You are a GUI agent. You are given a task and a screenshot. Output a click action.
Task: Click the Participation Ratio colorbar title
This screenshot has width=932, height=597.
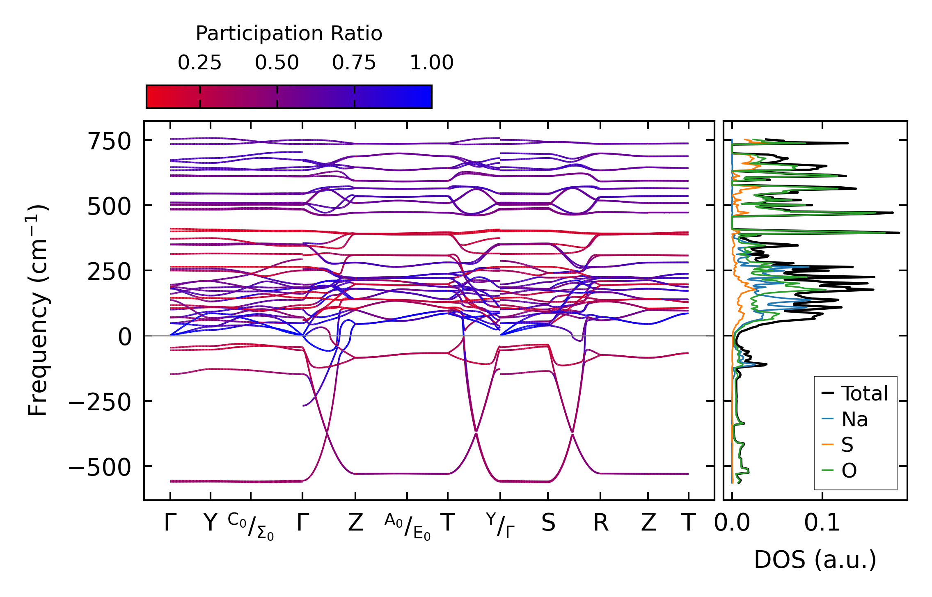pos(289,34)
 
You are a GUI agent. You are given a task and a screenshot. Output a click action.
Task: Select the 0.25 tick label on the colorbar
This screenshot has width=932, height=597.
pos(199,63)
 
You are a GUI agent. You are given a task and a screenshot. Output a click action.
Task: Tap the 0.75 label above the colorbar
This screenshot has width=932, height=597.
pos(354,63)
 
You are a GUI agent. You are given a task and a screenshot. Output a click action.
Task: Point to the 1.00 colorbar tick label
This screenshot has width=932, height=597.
pos(431,63)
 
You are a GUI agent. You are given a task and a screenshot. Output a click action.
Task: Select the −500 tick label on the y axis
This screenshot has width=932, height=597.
pos(100,467)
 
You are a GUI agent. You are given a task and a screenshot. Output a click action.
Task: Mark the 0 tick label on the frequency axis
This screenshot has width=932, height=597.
pos(125,337)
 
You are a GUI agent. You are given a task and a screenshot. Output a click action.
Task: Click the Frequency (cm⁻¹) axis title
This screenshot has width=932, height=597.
pos(38,310)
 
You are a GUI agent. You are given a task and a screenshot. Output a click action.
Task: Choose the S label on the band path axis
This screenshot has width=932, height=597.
pos(548,523)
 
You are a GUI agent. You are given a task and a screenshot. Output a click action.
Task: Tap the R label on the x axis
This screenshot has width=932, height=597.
pos(600,523)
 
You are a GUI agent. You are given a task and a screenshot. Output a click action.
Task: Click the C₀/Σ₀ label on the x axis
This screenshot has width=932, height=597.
pos(251,526)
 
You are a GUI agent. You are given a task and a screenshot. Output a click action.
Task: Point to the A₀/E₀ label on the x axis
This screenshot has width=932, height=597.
pos(407,526)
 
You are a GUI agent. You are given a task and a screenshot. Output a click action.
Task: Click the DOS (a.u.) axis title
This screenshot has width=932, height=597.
pos(815,560)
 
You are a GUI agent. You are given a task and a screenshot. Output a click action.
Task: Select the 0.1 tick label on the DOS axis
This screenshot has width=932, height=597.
pos(822,523)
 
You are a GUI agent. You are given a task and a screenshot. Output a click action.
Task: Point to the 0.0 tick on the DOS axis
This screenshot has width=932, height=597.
pos(732,523)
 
